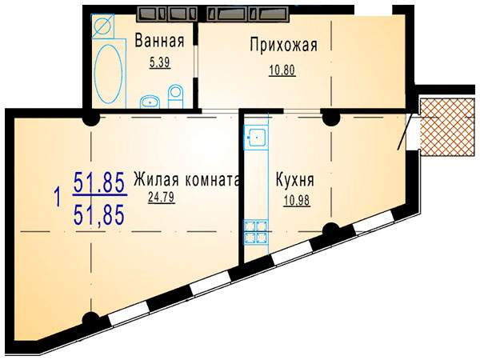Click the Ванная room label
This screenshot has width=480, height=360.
tap(159, 41)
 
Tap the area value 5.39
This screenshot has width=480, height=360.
tap(159, 62)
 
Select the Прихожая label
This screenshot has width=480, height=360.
tap(284, 45)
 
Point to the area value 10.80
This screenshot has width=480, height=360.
tap(282, 70)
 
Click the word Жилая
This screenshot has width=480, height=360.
tap(156, 179)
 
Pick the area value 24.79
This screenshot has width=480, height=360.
tap(162, 197)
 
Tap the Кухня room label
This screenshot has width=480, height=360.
tap(295, 179)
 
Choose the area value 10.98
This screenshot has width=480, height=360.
tap(297, 201)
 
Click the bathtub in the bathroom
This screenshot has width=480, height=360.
tap(109, 74)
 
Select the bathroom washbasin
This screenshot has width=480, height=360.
tap(150, 102)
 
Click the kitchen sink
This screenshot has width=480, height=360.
tap(256, 137)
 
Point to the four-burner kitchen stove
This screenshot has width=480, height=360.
tap(256, 232)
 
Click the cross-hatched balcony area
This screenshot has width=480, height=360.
tap(450, 127)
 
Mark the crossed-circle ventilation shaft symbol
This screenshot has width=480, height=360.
tap(103, 26)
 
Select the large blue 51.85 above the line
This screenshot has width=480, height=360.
tap(99, 182)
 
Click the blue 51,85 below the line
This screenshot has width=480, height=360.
tap(99, 214)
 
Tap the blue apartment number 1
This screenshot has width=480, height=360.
tap(57, 197)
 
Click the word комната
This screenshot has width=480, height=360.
tap(212, 180)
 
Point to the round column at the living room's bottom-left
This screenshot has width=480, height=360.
tap(90, 320)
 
